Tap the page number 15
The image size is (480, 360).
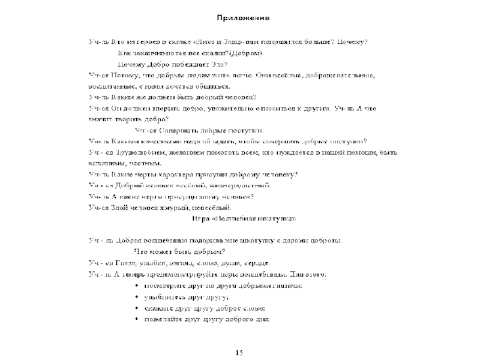(x=239, y=352)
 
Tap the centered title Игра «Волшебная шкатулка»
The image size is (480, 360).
(x=244, y=218)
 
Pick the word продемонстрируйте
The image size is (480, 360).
(x=178, y=274)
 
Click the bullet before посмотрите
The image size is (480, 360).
(x=137, y=286)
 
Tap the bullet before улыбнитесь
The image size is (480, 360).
(x=137, y=297)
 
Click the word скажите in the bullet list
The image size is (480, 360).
(x=160, y=308)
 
